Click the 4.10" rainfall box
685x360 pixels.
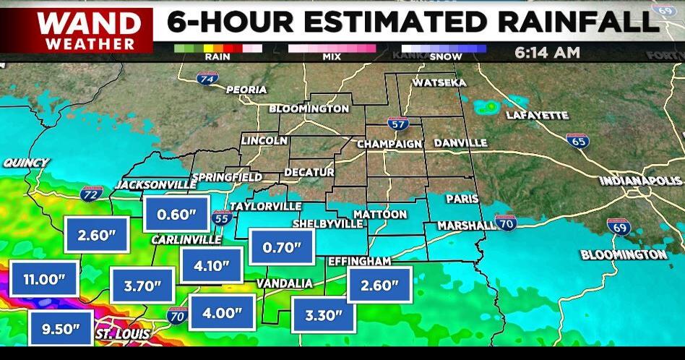(212, 265)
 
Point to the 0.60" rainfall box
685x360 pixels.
(177, 214)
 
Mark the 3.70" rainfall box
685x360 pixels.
(142, 286)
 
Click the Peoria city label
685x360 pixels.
(246, 90)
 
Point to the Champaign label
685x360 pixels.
(389, 144)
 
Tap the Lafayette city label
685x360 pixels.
(537, 115)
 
